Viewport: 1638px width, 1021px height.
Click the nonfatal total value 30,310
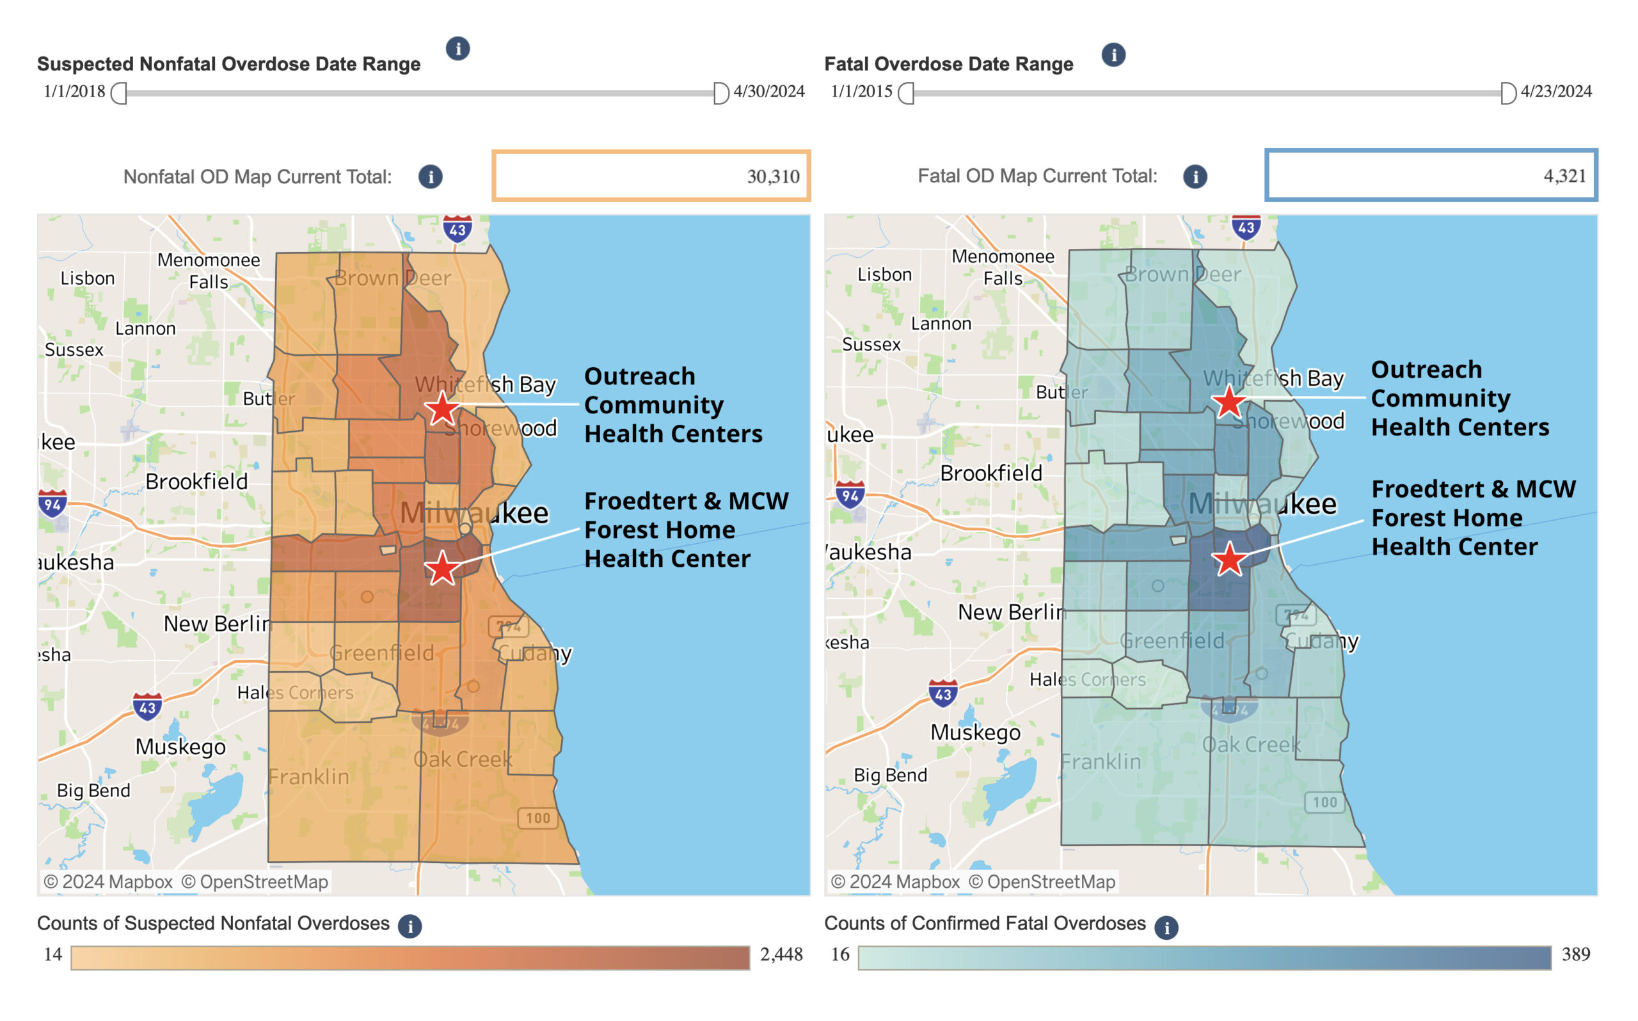coord(772,177)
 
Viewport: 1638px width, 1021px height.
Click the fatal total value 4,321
coord(1564,177)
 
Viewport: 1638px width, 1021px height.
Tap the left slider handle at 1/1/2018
coord(119,93)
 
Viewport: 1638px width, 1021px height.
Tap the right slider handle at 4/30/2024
coord(720,93)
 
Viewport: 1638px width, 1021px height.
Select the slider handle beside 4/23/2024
coord(1507,93)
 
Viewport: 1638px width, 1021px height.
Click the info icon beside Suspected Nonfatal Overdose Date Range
coord(457,49)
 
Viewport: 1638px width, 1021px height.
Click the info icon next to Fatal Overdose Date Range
coord(1113,55)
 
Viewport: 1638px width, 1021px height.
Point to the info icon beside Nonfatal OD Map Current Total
coord(430,177)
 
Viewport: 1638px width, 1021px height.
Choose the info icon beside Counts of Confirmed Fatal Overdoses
coord(1166,928)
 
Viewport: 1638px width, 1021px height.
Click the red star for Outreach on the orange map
coord(441,409)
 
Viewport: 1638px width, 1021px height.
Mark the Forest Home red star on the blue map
coord(1228,560)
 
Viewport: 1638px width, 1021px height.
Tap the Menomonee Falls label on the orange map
coord(209,270)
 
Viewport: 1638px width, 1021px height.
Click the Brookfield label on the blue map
coord(990,473)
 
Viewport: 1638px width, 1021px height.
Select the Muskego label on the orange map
coord(180,747)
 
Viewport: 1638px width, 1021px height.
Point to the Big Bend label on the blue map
coord(890,775)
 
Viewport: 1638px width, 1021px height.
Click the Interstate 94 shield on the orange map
coord(52,503)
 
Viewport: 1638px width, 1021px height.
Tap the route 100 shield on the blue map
coord(1324,802)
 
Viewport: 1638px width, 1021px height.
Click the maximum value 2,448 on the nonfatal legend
coord(781,954)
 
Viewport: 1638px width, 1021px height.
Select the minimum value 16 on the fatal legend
coord(840,954)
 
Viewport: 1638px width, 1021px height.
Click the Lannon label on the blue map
coord(941,324)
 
